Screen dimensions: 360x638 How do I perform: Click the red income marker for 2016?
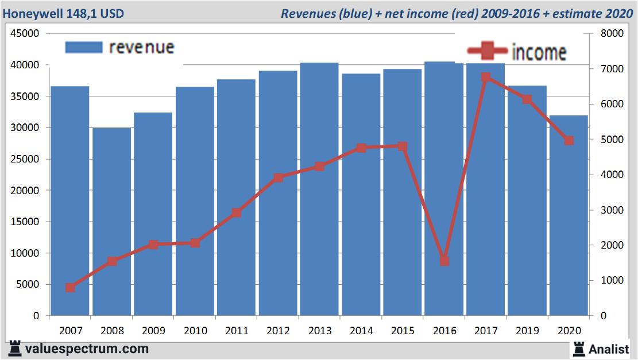click(x=444, y=261)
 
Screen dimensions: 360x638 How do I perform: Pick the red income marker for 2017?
click(x=485, y=77)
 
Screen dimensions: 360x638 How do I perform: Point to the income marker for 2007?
click(x=70, y=288)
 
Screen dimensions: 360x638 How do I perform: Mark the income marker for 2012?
click(x=278, y=177)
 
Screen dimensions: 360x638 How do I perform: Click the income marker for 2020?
click(x=569, y=140)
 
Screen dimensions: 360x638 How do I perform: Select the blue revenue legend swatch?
click(x=83, y=47)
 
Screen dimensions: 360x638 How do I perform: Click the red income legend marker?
click(x=486, y=51)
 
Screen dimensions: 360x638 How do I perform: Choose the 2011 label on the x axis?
click(x=237, y=331)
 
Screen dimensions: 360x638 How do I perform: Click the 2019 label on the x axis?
click(x=527, y=331)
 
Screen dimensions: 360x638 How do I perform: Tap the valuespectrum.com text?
click(x=86, y=349)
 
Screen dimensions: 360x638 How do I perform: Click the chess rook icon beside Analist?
click(x=579, y=349)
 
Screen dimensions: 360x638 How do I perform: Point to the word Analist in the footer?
click(x=609, y=349)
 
